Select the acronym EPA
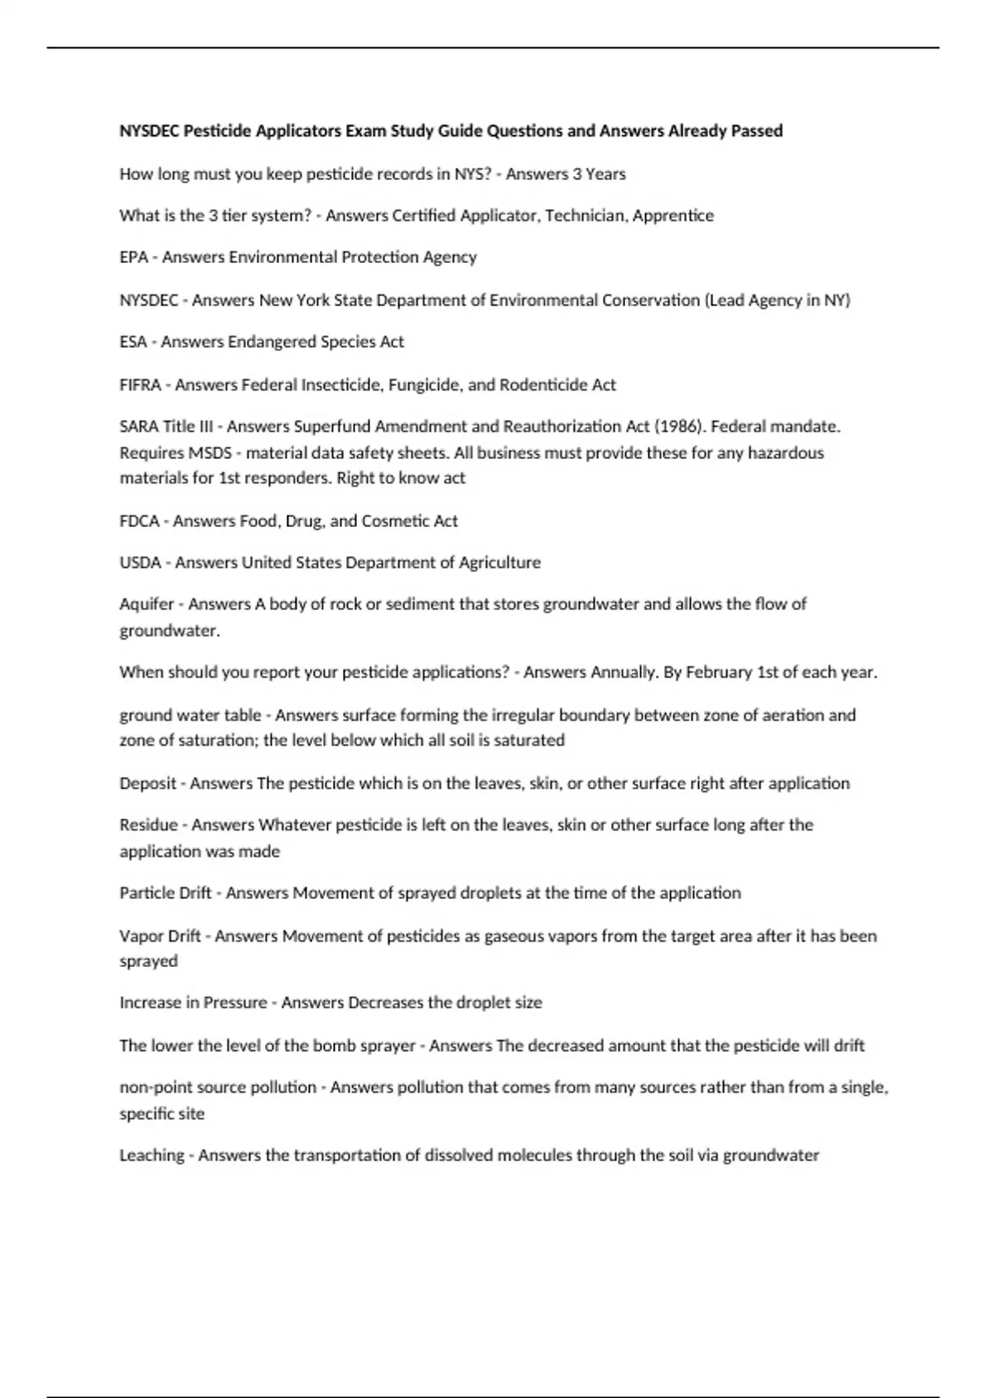133,257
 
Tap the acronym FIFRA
140,385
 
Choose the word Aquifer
146,604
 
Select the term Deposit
147,783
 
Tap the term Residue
148,825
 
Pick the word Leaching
152,1155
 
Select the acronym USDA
140,562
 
